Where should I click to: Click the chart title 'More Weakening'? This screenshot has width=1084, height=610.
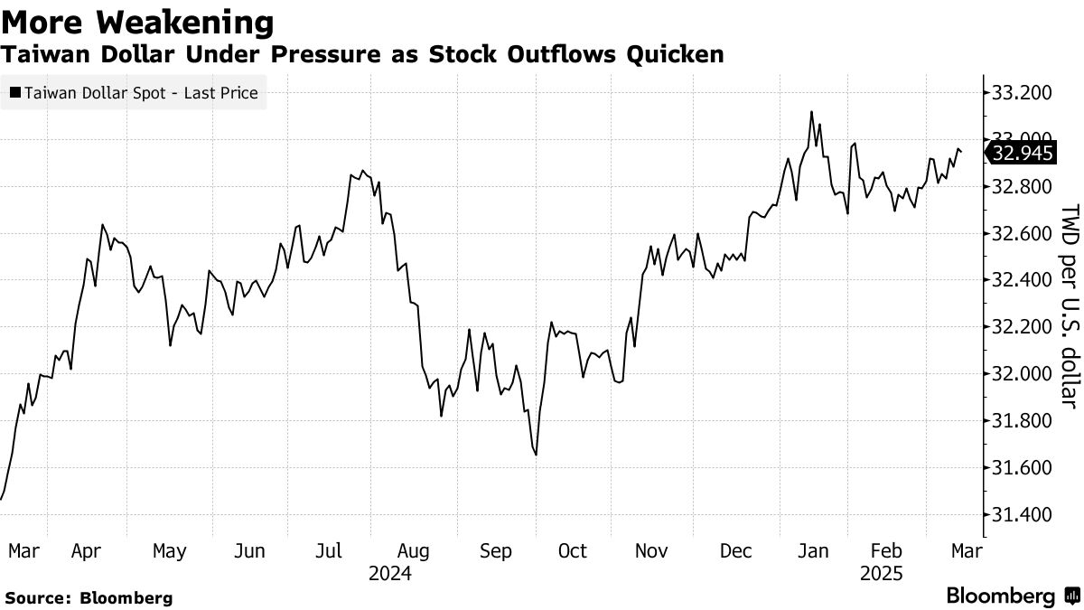(x=138, y=22)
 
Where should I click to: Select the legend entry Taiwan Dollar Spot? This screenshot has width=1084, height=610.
(x=134, y=92)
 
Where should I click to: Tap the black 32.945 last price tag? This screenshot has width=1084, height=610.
(x=1022, y=154)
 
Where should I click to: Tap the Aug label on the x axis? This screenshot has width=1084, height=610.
(x=413, y=551)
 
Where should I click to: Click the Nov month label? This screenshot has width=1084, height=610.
(x=651, y=551)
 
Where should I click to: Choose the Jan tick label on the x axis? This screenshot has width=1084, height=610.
(x=814, y=551)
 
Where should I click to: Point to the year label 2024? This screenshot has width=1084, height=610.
(x=390, y=573)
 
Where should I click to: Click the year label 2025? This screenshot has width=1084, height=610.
(x=881, y=573)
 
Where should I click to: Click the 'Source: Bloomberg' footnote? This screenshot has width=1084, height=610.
(x=88, y=597)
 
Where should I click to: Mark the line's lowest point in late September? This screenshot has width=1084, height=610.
(x=537, y=455)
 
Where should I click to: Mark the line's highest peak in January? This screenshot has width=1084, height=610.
(x=811, y=112)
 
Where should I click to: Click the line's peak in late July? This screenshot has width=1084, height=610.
(x=362, y=170)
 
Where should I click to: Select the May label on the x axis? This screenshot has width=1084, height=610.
(x=169, y=551)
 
